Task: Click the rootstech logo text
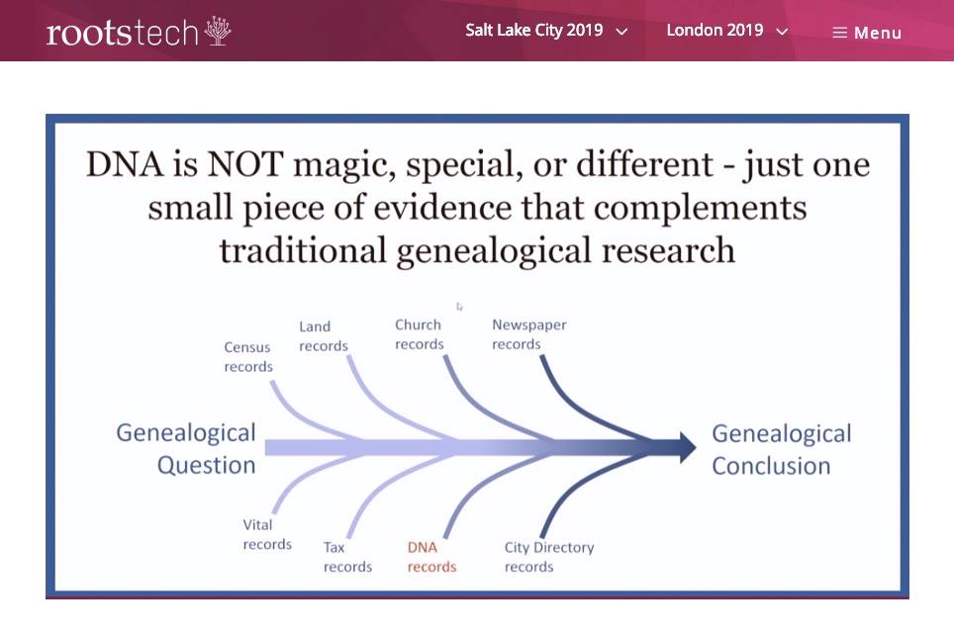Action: pos(123,33)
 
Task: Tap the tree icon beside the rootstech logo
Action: pos(218,31)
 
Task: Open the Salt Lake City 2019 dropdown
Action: pos(545,31)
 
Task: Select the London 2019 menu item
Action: pos(727,31)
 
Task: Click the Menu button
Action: pos(867,33)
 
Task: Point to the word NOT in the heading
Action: pos(245,165)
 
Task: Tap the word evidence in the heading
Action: pos(442,209)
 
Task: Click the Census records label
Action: pos(248,357)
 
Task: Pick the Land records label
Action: pos(323,336)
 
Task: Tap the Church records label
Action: pos(420,334)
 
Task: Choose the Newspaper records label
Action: pos(528,334)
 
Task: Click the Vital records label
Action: pos(267,534)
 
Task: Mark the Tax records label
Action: pos(347,557)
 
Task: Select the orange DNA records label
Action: pos(432,557)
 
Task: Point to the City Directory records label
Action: pos(549,557)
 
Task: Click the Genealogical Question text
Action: pos(186,449)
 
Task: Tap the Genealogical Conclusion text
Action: pos(782,450)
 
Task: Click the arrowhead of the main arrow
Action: pos(686,447)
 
